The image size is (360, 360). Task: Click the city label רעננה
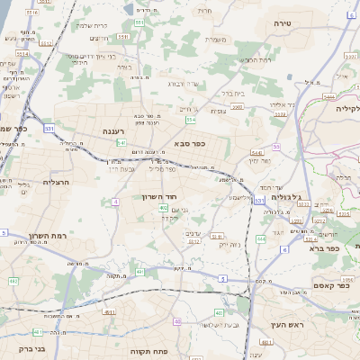click(x=113, y=131)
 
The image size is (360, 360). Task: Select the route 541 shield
click(x=120, y=143)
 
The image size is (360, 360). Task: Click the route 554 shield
click(x=190, y=119)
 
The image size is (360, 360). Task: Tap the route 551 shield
click(x=139, y=21)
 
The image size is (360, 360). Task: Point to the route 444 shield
click(x=260, y=238)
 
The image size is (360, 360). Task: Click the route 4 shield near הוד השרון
click(x=115, y=202)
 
